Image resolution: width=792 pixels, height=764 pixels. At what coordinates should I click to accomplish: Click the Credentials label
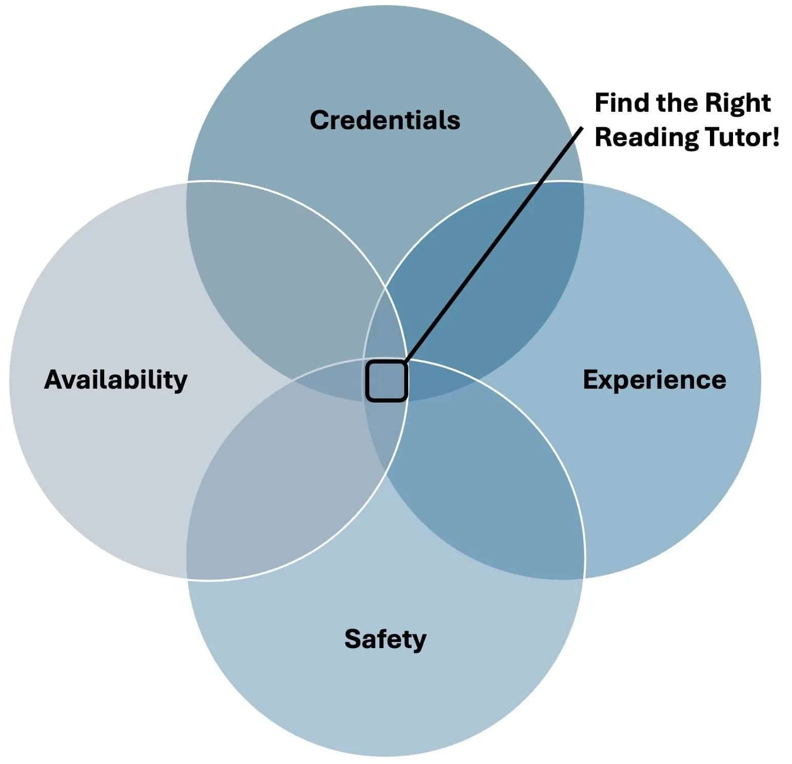click(x=385, y=120)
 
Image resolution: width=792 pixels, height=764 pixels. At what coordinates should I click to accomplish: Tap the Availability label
click(x=116, y=380)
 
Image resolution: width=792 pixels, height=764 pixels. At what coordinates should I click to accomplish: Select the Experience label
click(x=655, y=380)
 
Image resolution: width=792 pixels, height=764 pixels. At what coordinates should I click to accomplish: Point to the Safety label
click(x=385, y=639)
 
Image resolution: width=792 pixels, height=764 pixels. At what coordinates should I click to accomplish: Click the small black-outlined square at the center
click(x=386, y=380)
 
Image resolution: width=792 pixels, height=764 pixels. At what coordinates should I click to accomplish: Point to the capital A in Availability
click(x=53, y=380)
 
